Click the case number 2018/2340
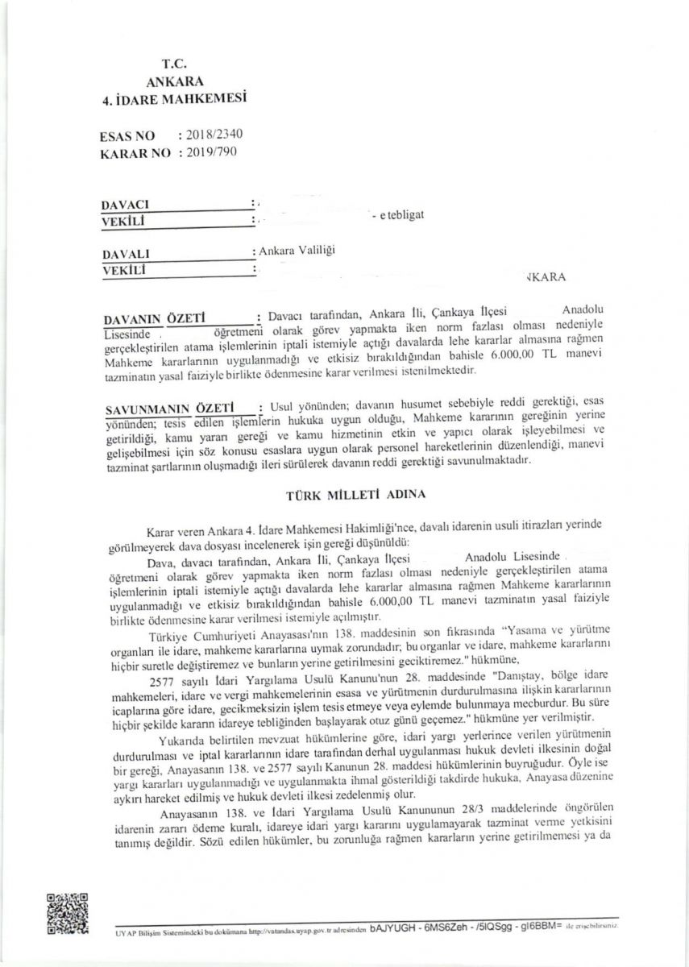click(x=209, y=136)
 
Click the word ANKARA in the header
click(x=175, y=81)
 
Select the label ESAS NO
click(x=127, y=137)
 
